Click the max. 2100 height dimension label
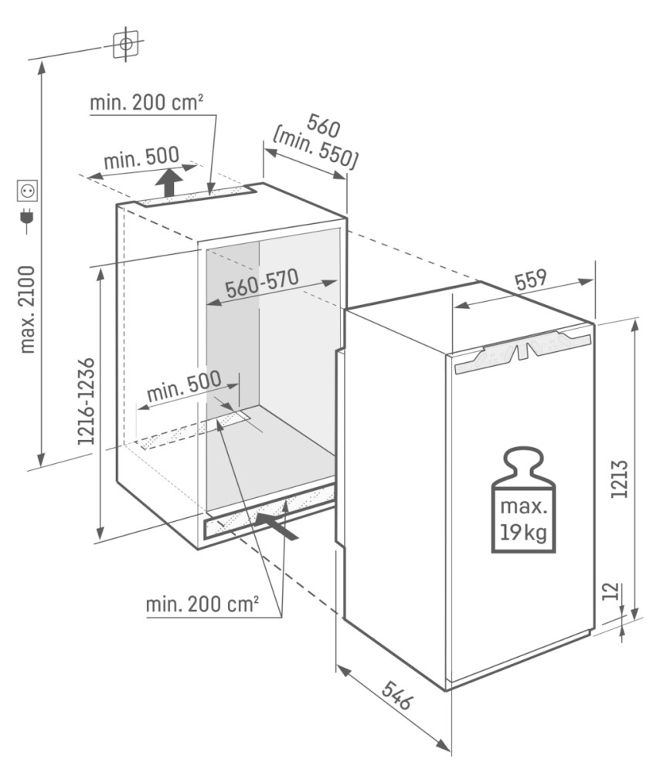pos(28,310)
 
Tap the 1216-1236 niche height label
pos(86,401)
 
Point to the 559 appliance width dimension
pos(531,279)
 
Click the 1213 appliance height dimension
pos(620,479)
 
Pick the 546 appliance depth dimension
pos(396,694)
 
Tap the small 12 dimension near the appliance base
pos(610,591)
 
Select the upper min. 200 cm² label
pos(146,103)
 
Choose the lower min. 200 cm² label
pos(202,604)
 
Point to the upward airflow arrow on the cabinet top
pos(170,182)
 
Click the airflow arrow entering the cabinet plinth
pos(277,525)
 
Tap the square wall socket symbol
pos(28,191)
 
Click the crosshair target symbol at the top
pos(126,44)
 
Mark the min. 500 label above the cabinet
pos(141,157)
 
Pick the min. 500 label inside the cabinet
pos(185,386)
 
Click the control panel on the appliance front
pos(523,350)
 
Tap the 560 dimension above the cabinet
pos(323,126)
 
